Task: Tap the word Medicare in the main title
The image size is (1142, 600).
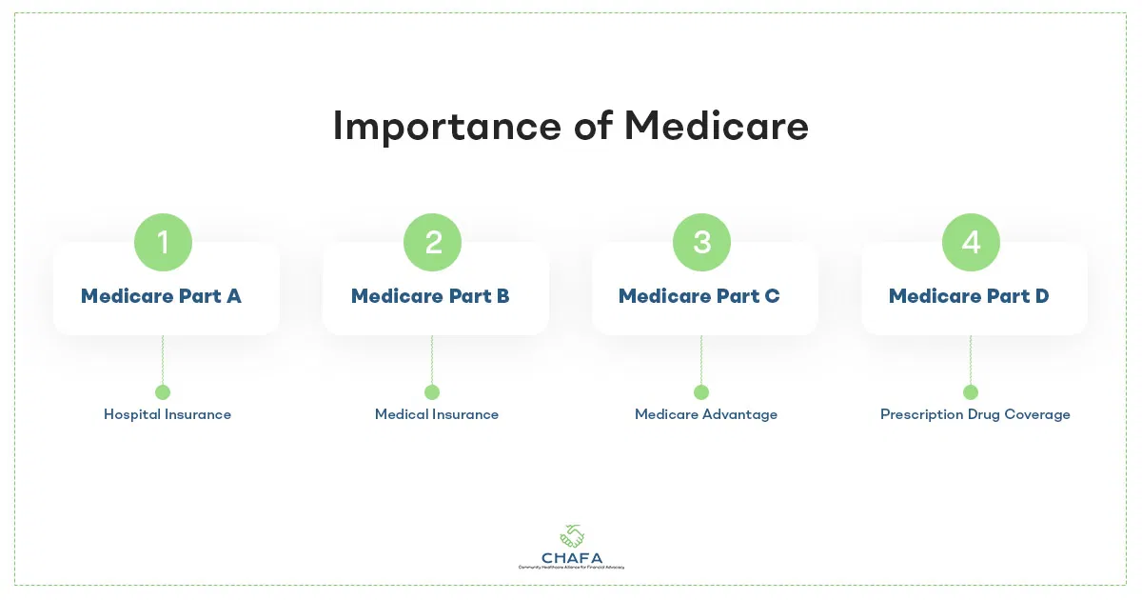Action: (x=717, y=127)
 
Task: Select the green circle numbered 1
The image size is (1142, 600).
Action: (x=163, y=242)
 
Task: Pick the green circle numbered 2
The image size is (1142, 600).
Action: (x=432, y=242)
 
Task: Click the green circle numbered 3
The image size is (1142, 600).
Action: (x=701, y=242)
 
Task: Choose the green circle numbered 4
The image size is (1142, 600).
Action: (x=971, y=242)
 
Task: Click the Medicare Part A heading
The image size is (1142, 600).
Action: (x=161, y=296)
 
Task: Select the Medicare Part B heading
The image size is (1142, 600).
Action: (x=430, y=296)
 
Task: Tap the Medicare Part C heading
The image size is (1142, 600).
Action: (x=699, y=296)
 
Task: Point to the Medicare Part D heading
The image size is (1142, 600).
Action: (x=969, y=296)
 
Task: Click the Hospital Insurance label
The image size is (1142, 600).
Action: (x=167, y=414)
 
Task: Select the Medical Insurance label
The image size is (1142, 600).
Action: (x=437, y=414)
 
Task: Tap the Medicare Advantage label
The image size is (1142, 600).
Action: (x=706, y=414)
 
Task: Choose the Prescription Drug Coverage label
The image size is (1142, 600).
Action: (x=975, y=414)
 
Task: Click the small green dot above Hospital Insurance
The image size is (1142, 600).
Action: (x=163, y=392)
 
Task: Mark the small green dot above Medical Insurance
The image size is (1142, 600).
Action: (x=432, y=392)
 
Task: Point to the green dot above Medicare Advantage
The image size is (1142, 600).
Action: (x=701, y=392)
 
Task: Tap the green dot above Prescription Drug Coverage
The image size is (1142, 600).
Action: (x=971, y=392)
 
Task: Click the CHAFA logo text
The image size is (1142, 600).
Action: (x=571, y=556)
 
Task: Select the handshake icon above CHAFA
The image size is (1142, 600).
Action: (x=572, y=536)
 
